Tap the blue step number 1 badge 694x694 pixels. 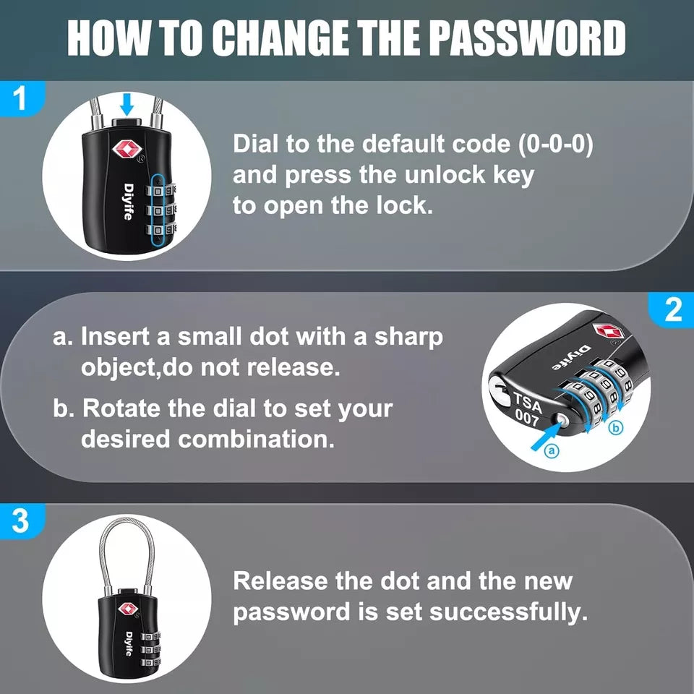[20, 99]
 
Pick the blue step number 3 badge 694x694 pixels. [20, 520]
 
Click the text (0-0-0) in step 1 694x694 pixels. [556, 144]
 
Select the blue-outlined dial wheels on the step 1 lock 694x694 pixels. [163, 210]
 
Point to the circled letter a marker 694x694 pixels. [551, 451]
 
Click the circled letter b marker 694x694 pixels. [616, 429]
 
